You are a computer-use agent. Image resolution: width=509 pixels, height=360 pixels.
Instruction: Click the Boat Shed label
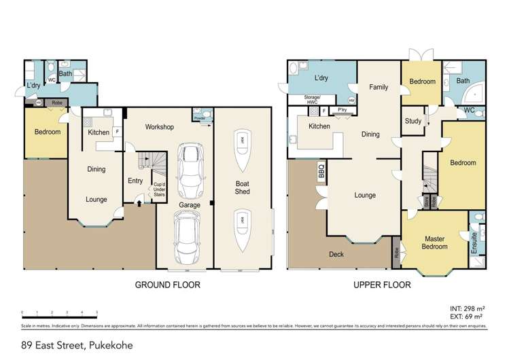tap(242, 187)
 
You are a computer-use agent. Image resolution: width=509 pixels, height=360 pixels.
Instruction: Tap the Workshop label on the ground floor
tap(160, 127)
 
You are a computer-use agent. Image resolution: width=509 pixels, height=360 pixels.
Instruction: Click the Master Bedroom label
tap(435, 242)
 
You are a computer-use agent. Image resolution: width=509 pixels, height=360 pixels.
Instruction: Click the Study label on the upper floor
tap(413, 122)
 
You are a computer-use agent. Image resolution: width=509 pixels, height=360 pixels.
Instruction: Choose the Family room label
tap(379, 88)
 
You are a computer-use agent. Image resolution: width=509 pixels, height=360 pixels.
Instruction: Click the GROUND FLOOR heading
tap(167, 285)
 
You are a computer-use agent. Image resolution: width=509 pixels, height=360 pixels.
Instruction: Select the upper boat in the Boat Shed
tap(241, 143)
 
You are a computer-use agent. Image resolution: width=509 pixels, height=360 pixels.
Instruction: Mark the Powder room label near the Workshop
tap(200, 118)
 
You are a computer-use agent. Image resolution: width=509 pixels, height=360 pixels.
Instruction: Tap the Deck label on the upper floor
tap(336, 255)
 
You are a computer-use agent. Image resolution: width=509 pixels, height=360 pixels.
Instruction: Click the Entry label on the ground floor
tap(135, 181)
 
